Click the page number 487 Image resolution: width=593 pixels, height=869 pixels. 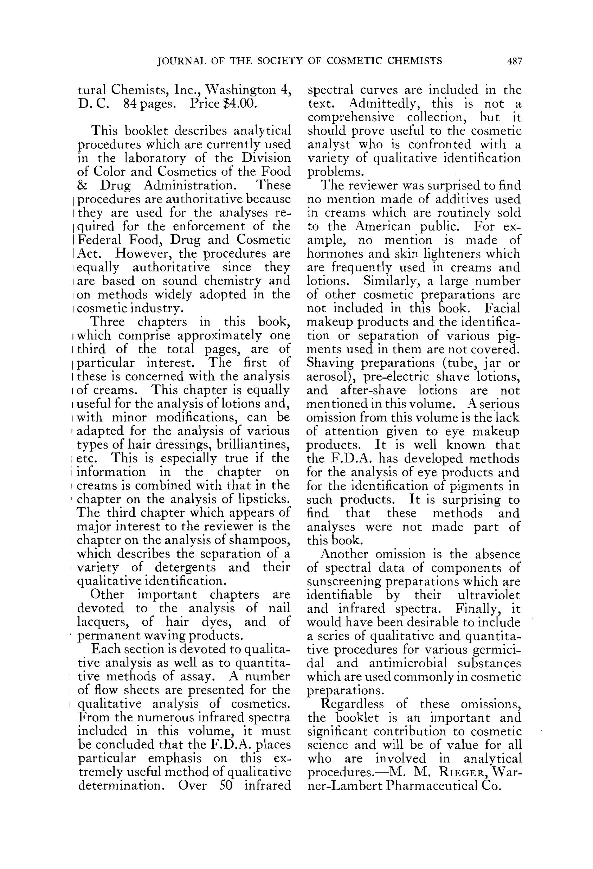coord(514,61)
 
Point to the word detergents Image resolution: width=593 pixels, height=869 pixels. coord(185,568)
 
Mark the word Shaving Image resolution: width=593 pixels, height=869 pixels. coord(330,363)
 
